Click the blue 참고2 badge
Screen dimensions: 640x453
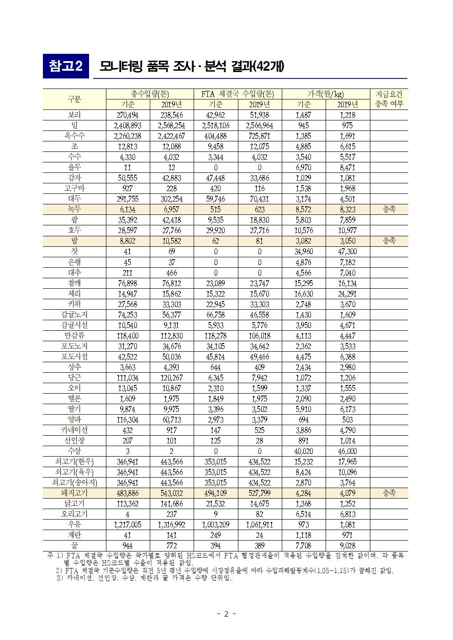click(65, 67)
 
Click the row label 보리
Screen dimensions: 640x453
click(74, 115)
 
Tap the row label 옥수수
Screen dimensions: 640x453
click(74, 136)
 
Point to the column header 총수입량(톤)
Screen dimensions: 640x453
click(150, 94)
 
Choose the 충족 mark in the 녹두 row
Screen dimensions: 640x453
click(389, 209)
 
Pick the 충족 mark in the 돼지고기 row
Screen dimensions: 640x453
click(389, 493)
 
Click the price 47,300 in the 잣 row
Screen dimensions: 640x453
click(348, 251)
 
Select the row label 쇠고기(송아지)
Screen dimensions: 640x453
click(74, 483)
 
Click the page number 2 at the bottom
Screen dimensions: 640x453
click(226, 614)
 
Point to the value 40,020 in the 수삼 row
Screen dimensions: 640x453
click(303, 451)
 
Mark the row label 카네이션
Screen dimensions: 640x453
click(74, 430)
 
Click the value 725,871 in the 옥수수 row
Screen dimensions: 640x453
click(259, 136)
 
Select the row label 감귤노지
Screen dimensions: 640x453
click(74, 315)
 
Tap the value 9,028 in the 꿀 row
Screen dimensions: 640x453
click(348, 546)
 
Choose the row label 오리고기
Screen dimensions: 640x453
click(74, 514)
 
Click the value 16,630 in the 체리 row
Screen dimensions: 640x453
click(303, 294)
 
